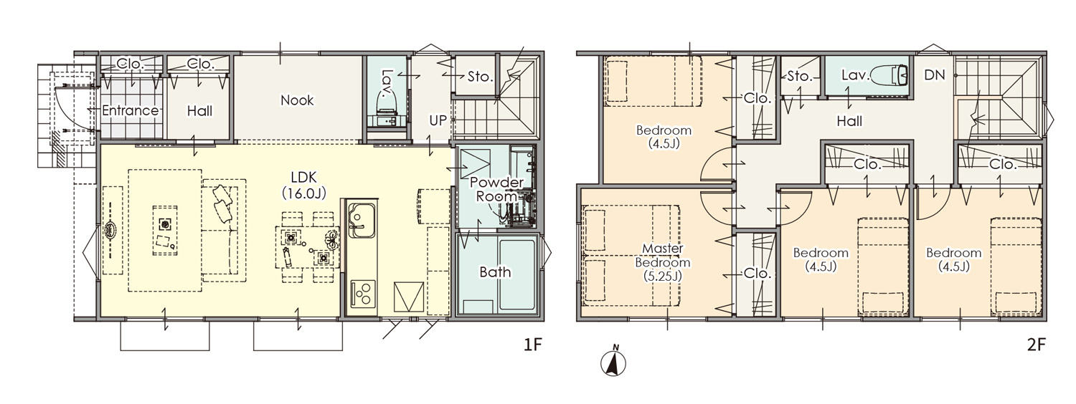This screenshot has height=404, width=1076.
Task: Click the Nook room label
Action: (297, 100)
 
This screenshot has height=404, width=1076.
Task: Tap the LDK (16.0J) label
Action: (303, 185)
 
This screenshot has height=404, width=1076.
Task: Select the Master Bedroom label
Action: (662, 262)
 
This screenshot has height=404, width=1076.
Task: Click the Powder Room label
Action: (496, 189)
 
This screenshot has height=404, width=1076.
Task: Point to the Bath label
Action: (495, 272)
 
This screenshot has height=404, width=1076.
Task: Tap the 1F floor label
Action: (533, 345)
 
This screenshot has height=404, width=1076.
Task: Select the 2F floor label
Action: (1037, 345)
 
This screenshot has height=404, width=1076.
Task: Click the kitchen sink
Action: (362, 220)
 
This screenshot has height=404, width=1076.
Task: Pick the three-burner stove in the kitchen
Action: (362, 293)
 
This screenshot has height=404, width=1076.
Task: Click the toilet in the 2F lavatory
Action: (890, 74)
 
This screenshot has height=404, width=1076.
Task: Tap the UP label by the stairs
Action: (438, 120)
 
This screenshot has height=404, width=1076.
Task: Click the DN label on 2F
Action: (934, 74)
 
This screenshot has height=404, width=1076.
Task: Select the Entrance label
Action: (130, 110)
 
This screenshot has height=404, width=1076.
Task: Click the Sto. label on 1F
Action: (480, 77)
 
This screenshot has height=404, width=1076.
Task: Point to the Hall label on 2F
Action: (849, 121)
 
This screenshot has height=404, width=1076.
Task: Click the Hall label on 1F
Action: (199, 111)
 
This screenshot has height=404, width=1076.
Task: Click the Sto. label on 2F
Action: (799, 76)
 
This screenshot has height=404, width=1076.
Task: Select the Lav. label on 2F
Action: (856, 74)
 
